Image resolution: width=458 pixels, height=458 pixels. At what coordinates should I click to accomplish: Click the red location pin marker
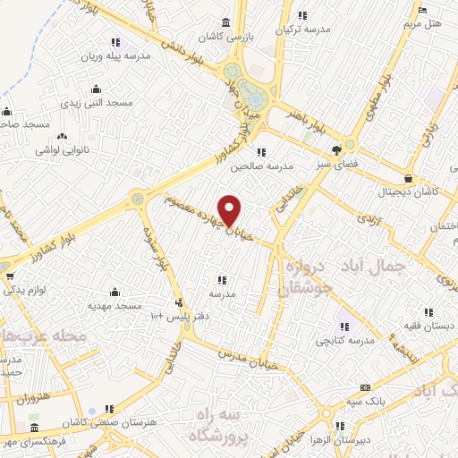point(230,209)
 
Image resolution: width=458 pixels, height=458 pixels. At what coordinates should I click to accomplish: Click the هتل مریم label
point(422,22)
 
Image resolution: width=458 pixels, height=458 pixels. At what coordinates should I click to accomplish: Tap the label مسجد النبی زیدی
point(96,103)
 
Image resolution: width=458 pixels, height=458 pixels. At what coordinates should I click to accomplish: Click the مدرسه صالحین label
point(262,165)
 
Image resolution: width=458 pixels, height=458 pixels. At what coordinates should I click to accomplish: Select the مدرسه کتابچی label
point(343,341)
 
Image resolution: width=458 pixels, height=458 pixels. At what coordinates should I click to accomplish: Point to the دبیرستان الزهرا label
point(338,440)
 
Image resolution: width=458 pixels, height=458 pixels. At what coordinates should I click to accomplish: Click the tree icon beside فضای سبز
point(336,150)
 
